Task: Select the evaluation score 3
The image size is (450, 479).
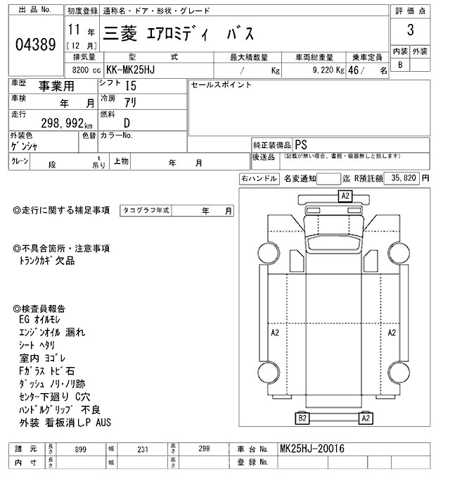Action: pyautogui.click(x=410, y=32)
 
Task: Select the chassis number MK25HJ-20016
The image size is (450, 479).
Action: pyautogui.click(x=313, y=448)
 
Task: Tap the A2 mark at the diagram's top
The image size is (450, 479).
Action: pyautogui.click(x=345, y=196)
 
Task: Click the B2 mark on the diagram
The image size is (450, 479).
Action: pyautogui.click(x=302, y=418)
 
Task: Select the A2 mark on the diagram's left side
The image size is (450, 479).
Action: pyautogui.click(x=275, y=331)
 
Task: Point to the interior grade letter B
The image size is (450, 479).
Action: pyautogui.click(x=401, y=65)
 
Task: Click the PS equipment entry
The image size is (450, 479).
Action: pyautogui.click(x=302, y=143)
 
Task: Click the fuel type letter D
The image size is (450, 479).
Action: pyautogui.click(x=127, y=121)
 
